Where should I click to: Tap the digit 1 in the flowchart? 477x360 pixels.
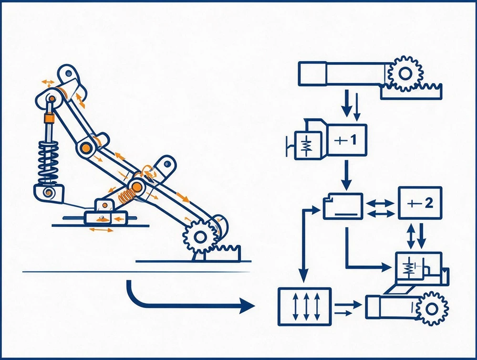(353, 140)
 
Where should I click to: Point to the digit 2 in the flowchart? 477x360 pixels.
(429, 203)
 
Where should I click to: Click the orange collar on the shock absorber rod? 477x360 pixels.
(49, 117)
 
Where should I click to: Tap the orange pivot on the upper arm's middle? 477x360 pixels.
(86, 148)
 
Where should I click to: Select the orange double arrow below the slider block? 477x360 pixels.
(101, 230)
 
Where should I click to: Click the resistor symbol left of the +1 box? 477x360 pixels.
(308, 145)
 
